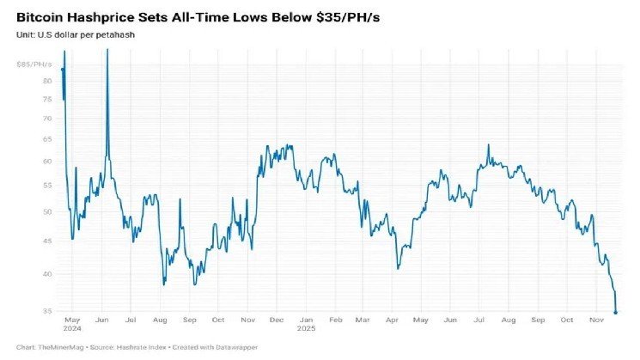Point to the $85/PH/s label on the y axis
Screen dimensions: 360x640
[34, 64]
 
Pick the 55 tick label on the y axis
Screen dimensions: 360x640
[47, 186]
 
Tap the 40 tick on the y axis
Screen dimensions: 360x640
[47, 274]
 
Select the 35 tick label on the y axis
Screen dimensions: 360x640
[47, 311]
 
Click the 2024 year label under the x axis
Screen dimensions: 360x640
[73, 328]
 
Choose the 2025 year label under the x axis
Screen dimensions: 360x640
[307, 328]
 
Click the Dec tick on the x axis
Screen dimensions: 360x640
[277, 320]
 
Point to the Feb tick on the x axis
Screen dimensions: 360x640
[336, 320]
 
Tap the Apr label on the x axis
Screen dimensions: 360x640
[392, 320]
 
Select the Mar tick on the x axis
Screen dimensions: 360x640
[363, 320]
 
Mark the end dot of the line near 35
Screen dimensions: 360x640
[615, 312]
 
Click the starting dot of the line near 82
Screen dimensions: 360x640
[63, 69]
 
